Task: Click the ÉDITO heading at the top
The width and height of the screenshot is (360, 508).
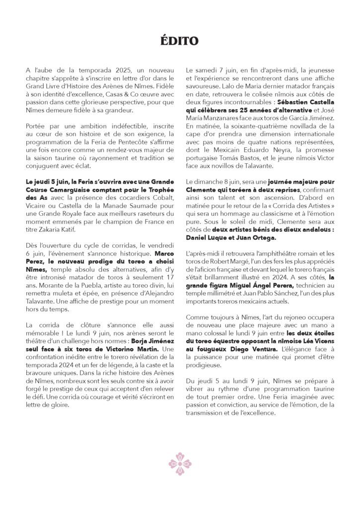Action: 180,39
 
